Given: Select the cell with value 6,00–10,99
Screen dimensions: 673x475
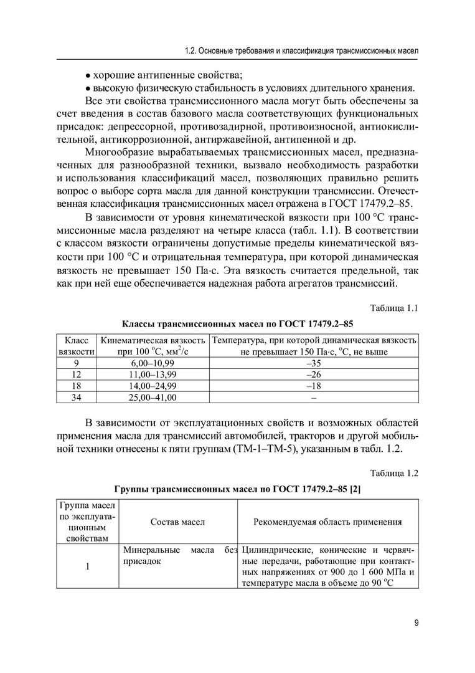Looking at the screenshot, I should pos(153,363).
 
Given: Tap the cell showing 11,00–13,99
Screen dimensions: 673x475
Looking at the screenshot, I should pos(153,375).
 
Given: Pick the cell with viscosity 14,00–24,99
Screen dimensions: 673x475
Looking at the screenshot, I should pos(153,386).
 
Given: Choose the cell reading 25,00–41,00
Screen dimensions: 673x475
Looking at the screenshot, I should pos(153,397).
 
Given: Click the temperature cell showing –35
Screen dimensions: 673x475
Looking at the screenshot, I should pos(314,363).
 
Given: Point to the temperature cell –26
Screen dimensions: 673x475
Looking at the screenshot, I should pos(314,375).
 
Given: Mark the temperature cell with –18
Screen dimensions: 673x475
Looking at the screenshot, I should pos(314,386).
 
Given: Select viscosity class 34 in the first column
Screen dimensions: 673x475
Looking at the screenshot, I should pos(76,397).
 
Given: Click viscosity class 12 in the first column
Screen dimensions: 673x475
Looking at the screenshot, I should pos(76,375).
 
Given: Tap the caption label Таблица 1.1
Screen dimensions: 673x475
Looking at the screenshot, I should pos(393,308).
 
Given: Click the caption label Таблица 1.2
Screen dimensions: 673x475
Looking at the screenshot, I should pos(393,473).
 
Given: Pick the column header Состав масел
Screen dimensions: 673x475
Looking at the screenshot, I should pos(177,522).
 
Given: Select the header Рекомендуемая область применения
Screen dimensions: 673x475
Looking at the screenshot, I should pos(327,522).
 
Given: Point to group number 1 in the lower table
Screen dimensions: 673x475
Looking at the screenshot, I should pos(88,566).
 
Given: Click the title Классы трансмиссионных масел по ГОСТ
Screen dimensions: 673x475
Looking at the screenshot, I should pos(237,325).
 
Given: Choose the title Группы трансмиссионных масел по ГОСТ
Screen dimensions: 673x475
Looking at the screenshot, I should pos(237,489).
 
